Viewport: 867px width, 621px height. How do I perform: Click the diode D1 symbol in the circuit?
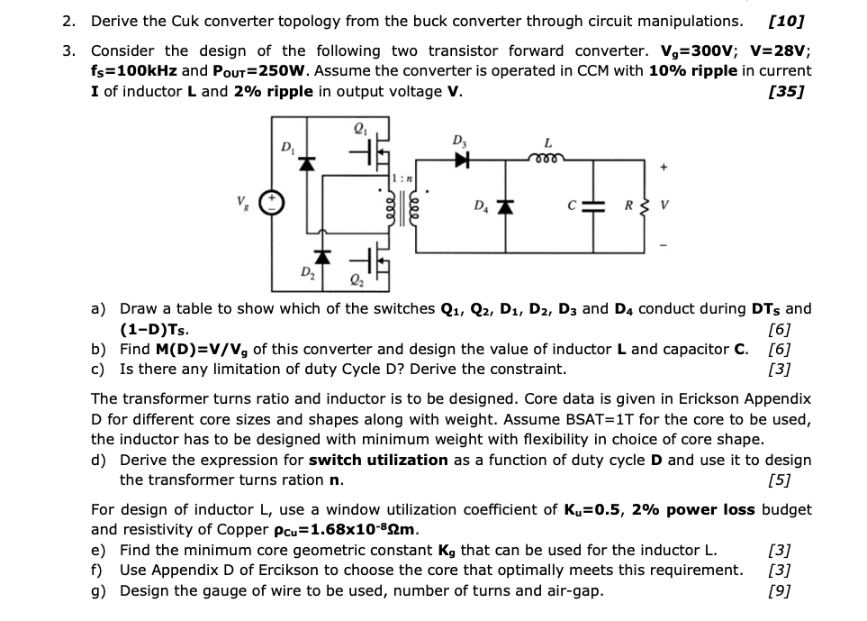[x=305, y=164]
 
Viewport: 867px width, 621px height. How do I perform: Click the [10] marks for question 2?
[x=785, y=21]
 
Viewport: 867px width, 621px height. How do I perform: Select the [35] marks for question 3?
[x=785, y=91]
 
